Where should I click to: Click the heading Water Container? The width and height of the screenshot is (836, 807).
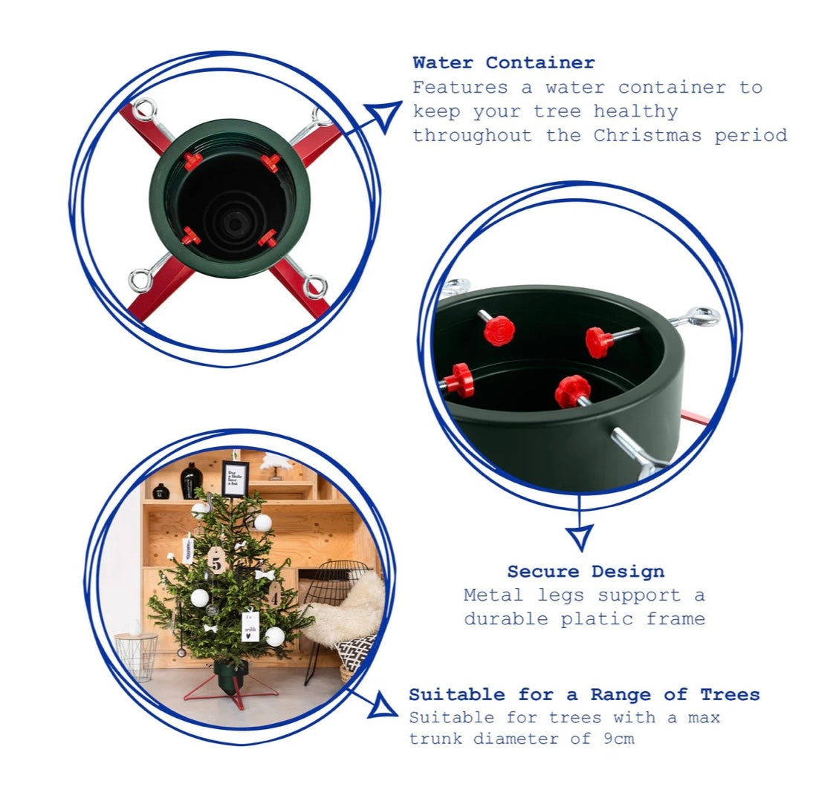pos(503,63)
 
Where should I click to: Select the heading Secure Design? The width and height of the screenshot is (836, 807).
pos(586,572)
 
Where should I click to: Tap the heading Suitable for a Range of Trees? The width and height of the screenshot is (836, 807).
pos(584,695)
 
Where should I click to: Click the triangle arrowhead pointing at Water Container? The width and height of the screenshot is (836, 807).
pos(385,116)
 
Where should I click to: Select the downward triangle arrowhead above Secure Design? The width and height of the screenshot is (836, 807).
pos(580,536)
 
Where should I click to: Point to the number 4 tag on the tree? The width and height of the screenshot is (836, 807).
pos(274,595)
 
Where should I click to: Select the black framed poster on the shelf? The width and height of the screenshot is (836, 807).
pos(235,478)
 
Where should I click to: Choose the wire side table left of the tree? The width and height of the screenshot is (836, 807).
pos(137,656)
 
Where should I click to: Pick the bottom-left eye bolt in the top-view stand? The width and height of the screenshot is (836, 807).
pos(141,279)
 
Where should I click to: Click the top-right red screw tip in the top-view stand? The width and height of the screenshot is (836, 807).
pos(270,162)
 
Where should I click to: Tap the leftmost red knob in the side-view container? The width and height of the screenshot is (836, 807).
pos(461,380)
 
